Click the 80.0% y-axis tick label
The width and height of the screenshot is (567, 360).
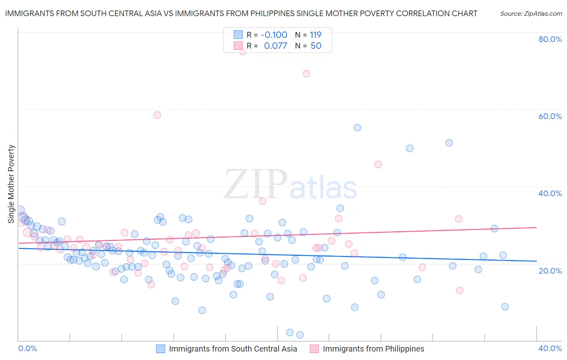(550, 39)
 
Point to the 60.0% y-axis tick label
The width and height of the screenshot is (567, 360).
(550, 116)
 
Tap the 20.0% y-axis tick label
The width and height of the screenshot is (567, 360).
(550, 271)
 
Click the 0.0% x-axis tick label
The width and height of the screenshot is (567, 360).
(28, 348)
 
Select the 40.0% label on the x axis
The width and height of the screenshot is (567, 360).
(550, 348)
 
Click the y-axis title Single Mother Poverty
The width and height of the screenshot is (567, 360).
(11, 184)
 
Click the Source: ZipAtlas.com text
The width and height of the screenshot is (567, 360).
(531, 14)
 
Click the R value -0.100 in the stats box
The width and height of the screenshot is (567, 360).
(274, 35)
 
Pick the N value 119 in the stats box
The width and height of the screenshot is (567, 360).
(315, 35)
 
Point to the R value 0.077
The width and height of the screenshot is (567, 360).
(275, 46)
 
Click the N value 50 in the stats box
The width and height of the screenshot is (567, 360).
(316, 46)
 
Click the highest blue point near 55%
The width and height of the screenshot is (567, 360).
(357, 128)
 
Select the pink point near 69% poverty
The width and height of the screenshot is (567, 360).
(306, 73)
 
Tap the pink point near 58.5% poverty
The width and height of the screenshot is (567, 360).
(157, 115)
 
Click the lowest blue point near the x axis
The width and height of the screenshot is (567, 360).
(300, 335)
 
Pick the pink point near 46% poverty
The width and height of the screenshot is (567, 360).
(378, 164)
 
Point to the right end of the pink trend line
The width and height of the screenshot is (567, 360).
(536, 228)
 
